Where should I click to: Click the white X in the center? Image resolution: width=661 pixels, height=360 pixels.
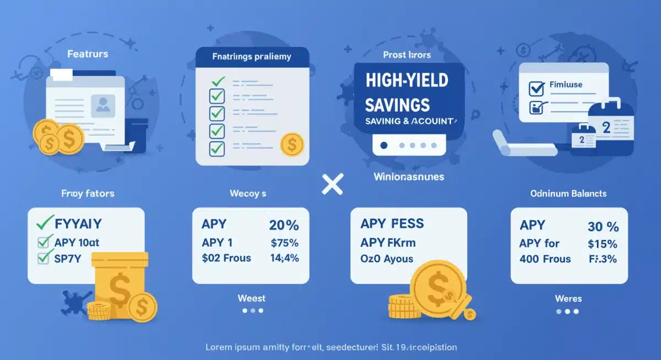pyautogui.click(x=332, y=183)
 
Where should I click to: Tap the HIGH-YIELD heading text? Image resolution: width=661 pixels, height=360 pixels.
pyautogui.click(x=407, y=80)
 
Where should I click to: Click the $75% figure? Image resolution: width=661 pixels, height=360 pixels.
pyautogui.click(x=284, y=242)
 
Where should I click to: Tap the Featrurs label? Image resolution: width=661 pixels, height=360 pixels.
pyautogui.click(x=88, y=54)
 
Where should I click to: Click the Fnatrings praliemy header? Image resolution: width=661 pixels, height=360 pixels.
pyautogui.click(x=252, y=56)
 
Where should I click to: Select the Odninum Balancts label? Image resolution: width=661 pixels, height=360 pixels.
pyautogui.click(x=568, y=193)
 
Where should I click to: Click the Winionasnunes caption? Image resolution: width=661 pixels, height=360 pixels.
pyautogui.click(x=408, y=177)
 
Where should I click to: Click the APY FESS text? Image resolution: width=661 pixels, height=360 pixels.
pyautogui.click(x=392, y=223)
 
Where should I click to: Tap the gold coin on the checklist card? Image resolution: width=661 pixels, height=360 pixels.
pyautogui.click(x=292, y=145)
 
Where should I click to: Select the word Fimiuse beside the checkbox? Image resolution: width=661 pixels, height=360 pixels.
pyautogui.click(x=566, y=85)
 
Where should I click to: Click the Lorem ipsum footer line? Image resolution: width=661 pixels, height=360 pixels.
pyautogui.click(x=330, y=347)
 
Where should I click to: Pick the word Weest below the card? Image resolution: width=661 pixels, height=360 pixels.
pyautogui.click(x=251, y=298)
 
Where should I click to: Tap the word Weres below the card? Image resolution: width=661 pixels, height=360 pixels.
pyautogui.click(x=568, y=298)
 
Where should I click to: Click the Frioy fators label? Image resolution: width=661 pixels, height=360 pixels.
pyautogui.click(x=88, y=194)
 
